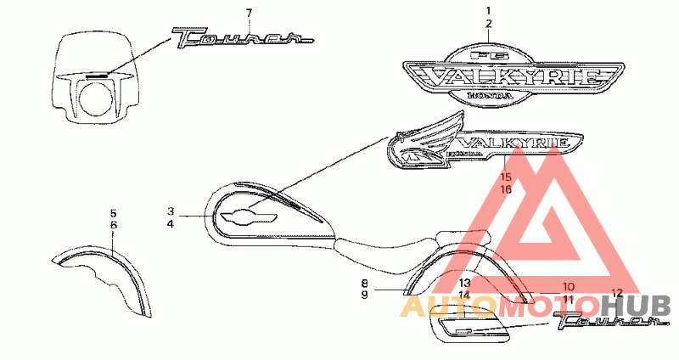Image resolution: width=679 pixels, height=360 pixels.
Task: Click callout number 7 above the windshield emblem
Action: point(249,13)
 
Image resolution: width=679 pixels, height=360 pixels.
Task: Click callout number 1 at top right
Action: point(488,11)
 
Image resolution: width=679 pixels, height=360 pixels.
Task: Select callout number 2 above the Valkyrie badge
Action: point(488,25)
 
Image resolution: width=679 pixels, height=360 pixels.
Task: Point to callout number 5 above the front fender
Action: point(113,212)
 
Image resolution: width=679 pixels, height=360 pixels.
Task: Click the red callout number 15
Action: point(506,177)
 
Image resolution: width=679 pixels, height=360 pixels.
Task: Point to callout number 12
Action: point(617,293)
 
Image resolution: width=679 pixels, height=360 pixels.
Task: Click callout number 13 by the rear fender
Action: point(464,283)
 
